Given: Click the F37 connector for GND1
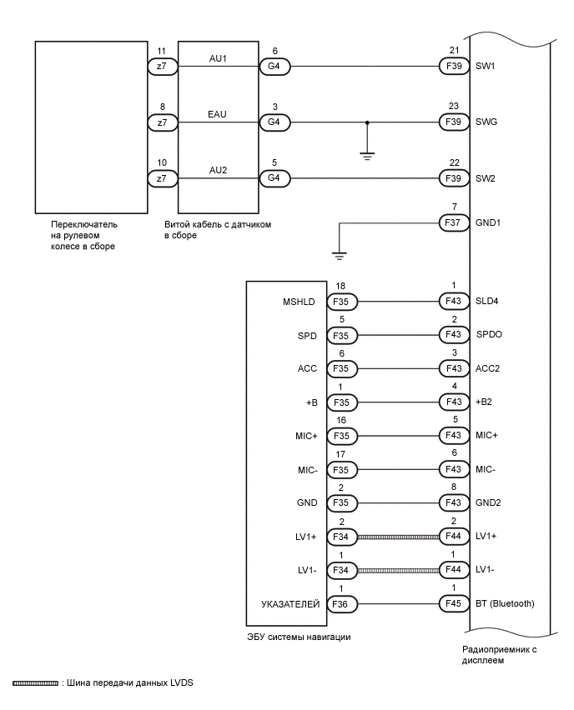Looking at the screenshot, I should [454, 222].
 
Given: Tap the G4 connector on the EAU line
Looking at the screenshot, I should [274, 122].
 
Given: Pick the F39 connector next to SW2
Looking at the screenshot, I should [454, 178].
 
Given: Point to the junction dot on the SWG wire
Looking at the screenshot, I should [367, 122].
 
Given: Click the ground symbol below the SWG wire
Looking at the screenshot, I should [367, 155].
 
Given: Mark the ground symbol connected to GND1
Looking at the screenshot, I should [338, 255].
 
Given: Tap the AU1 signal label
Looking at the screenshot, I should [218, 58].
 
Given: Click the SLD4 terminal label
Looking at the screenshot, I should [487, 302].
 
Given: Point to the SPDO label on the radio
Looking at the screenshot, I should [489, 335].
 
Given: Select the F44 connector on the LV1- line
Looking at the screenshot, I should [454, 571].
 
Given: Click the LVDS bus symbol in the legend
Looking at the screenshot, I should [35, 683].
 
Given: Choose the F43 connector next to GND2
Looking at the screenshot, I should [454, 503].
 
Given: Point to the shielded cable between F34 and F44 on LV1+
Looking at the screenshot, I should [398, 537].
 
